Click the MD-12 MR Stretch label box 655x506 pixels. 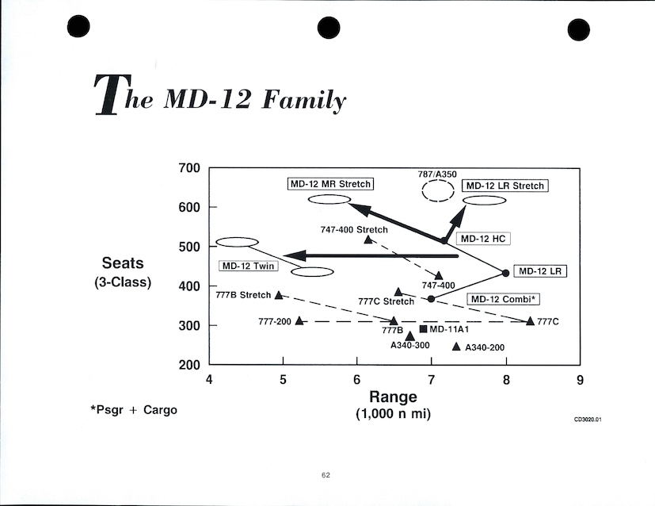330,184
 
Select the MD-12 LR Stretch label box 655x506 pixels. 505,186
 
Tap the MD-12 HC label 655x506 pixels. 482,238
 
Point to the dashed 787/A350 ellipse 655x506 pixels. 437,190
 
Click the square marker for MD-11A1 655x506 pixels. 423,328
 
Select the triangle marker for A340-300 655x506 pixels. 409,336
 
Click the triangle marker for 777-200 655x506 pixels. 299,320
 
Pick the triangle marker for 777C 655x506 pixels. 530,320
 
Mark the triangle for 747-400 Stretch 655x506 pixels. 368,239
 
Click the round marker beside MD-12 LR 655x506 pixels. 505,273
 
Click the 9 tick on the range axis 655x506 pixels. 580,379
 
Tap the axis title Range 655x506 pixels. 394,397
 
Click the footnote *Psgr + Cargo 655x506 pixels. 133,410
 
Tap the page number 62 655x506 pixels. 326,474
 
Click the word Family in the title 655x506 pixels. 307,101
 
